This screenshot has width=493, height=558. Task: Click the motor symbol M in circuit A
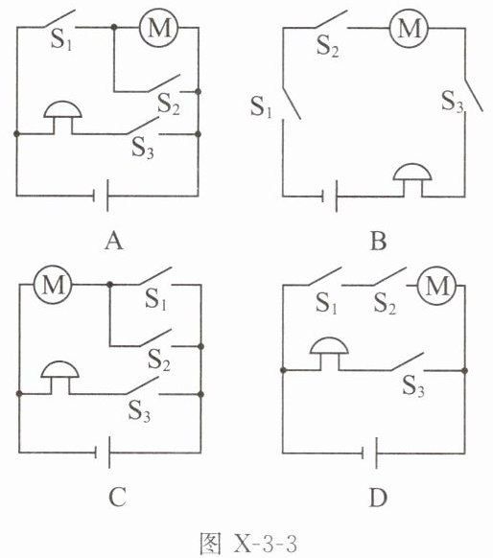point(158,28)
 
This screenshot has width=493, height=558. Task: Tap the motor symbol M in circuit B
point(409,28)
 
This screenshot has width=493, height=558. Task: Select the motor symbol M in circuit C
point(53,285)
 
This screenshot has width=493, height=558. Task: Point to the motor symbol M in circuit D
point(436,286)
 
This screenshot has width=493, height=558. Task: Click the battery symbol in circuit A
point(101,196)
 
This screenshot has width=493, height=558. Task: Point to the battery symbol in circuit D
point(369,453)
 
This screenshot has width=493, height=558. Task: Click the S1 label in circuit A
point(61,39)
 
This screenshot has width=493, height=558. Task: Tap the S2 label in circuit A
point(169,104)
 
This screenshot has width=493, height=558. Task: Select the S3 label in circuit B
point(453,101)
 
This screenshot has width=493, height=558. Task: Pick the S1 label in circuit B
point(261,106)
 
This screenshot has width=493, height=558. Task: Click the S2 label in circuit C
point(159,360)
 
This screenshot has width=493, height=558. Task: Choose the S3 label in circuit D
point(413,385)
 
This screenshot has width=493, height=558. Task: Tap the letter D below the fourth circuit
point(378,498)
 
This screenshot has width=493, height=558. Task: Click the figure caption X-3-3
point(265,544)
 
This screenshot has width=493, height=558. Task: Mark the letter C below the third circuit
point(117,498)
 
